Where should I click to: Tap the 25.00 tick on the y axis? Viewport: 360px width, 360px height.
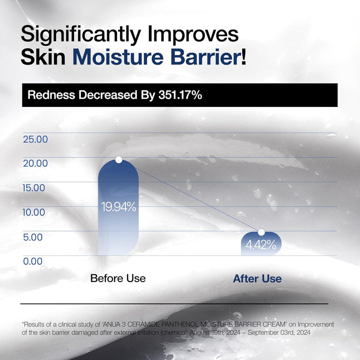pos(35,139)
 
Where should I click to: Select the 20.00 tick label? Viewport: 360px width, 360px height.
pos(35,163)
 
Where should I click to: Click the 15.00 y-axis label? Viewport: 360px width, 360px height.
pos(35,188)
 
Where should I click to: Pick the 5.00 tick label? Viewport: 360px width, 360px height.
pos(33,237)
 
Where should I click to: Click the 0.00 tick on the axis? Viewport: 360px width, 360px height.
pos(33,260)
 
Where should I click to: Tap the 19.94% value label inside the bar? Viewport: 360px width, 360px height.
pos(118,206)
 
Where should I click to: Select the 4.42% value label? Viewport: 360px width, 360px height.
pos(260,245)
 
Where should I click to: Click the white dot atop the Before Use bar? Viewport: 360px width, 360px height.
pos(118,159)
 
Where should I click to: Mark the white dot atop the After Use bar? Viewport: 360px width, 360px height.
pos(260,232)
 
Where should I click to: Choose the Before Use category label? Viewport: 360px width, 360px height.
pos(118,278)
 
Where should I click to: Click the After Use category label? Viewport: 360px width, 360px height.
pos(257,278)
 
